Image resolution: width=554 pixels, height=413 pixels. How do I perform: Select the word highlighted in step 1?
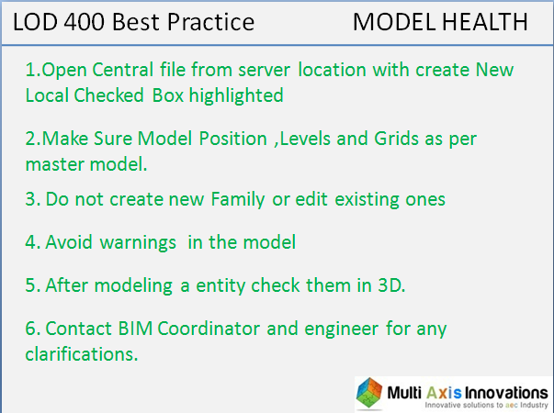[239, 94]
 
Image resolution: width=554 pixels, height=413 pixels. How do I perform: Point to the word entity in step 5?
[229, 285]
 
